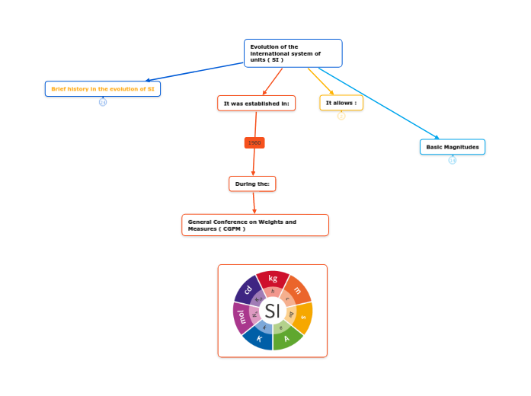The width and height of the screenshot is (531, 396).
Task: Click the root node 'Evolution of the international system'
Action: [293, 53]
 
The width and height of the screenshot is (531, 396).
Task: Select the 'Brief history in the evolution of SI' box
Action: [103, 89]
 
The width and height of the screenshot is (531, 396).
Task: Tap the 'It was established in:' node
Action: [256, 103]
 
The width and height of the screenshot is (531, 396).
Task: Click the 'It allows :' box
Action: [341, 103]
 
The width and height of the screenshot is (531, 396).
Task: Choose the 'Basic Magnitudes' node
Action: [452, 147]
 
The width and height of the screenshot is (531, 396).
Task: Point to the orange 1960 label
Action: [254, 142]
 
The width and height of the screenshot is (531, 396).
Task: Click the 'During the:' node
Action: [252, 184]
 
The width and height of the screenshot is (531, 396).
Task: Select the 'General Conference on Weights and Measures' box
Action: [255, 225]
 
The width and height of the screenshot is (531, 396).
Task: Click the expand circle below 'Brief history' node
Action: [103, 102]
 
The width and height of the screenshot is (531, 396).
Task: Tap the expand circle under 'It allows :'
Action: [341, 116]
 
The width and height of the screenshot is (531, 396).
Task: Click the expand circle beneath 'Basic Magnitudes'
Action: [453, 160]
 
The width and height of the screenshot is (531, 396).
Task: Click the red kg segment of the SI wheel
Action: [273, 279]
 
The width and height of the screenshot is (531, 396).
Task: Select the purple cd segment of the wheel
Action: [248, 289]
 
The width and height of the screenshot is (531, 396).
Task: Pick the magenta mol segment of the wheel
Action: [241, 316]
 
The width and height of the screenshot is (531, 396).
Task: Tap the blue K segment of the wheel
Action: [259, 339]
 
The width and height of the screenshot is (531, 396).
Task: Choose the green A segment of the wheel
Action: [287, 339]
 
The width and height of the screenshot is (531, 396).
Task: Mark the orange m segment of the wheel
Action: [297, 290]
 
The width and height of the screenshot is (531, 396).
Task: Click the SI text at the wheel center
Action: [272, 311]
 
